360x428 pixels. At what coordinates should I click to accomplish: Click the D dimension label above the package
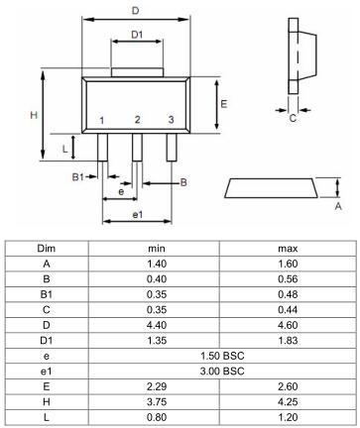click(136, 11)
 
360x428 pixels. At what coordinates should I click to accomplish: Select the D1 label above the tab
click(137, 35)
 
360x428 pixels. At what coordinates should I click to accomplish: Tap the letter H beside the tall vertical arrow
click(34, 115)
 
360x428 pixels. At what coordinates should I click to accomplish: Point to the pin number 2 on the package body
click(138, 120)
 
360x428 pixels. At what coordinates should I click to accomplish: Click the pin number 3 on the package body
click(171, 120)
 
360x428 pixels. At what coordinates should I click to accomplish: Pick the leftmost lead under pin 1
click(102, 148)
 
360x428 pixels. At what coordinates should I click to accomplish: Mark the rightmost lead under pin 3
click(172, 148)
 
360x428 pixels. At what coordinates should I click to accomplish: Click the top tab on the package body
click(137, 72)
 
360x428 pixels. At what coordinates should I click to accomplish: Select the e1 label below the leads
click(138, 215)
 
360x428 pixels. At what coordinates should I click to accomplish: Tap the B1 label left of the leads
click(78, 177)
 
